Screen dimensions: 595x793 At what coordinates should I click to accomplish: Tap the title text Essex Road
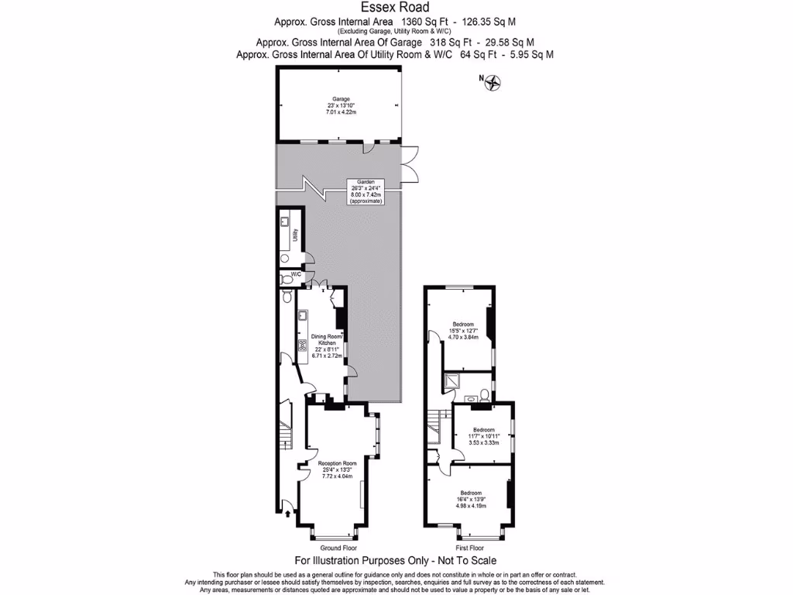pos(396,8)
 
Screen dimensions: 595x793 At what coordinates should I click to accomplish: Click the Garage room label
pos(342,99)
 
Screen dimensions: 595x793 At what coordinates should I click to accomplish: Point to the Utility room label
pos(296,233)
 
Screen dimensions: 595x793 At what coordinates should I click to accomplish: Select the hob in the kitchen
pos(301,347)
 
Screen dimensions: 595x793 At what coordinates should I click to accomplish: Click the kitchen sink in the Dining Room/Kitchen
pos(301,316)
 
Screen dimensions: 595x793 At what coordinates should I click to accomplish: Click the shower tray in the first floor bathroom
pos(450,380)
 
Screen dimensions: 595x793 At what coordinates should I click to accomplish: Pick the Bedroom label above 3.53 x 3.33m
pos(483,429)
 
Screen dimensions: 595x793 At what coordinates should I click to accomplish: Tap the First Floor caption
pos(470,547)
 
